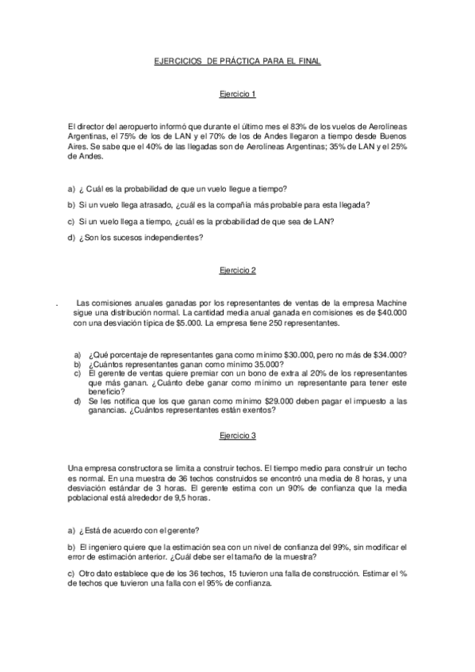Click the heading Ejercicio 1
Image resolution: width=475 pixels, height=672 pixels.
tap(237, 95)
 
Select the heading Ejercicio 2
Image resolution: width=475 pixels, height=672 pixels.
tap(237, 271)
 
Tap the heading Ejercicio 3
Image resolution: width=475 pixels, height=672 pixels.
tap(237, 437)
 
